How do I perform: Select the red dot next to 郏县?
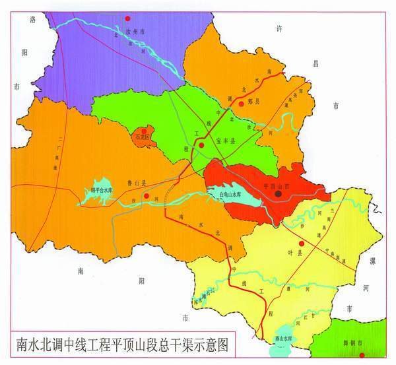pos(242,103)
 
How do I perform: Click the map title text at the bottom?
pos(129,345)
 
